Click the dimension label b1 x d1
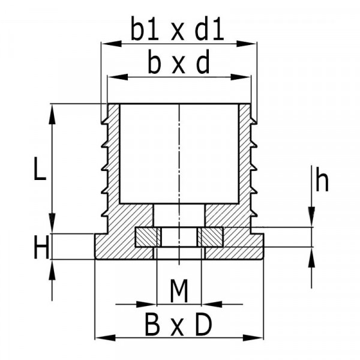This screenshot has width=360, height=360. (177, 28)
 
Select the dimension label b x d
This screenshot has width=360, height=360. (179, 62)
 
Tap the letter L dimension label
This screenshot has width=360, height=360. (40, 168)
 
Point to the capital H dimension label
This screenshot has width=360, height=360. (41, 247)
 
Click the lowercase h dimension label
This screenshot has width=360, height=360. (322, 179)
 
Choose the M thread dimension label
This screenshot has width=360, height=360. (179, 290)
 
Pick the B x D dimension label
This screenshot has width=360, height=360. (178, 325)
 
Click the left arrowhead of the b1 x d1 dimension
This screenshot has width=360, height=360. (112, 43)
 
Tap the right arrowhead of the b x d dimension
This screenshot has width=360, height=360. (241, 77)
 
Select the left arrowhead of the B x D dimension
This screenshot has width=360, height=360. (105, 338)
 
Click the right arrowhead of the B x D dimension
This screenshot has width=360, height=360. (253, 338)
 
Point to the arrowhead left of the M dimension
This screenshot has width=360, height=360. (146, 304)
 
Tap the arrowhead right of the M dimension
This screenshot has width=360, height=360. (212, 304)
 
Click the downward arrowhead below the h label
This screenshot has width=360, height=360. (311, 217)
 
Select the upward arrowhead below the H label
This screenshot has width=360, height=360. (52, 269)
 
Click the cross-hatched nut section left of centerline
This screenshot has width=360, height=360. (148, 237)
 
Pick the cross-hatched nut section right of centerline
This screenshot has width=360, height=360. (211, 237)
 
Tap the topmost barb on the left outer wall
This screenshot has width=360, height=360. (104, 121)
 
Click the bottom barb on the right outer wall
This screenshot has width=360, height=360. (254, 213)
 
